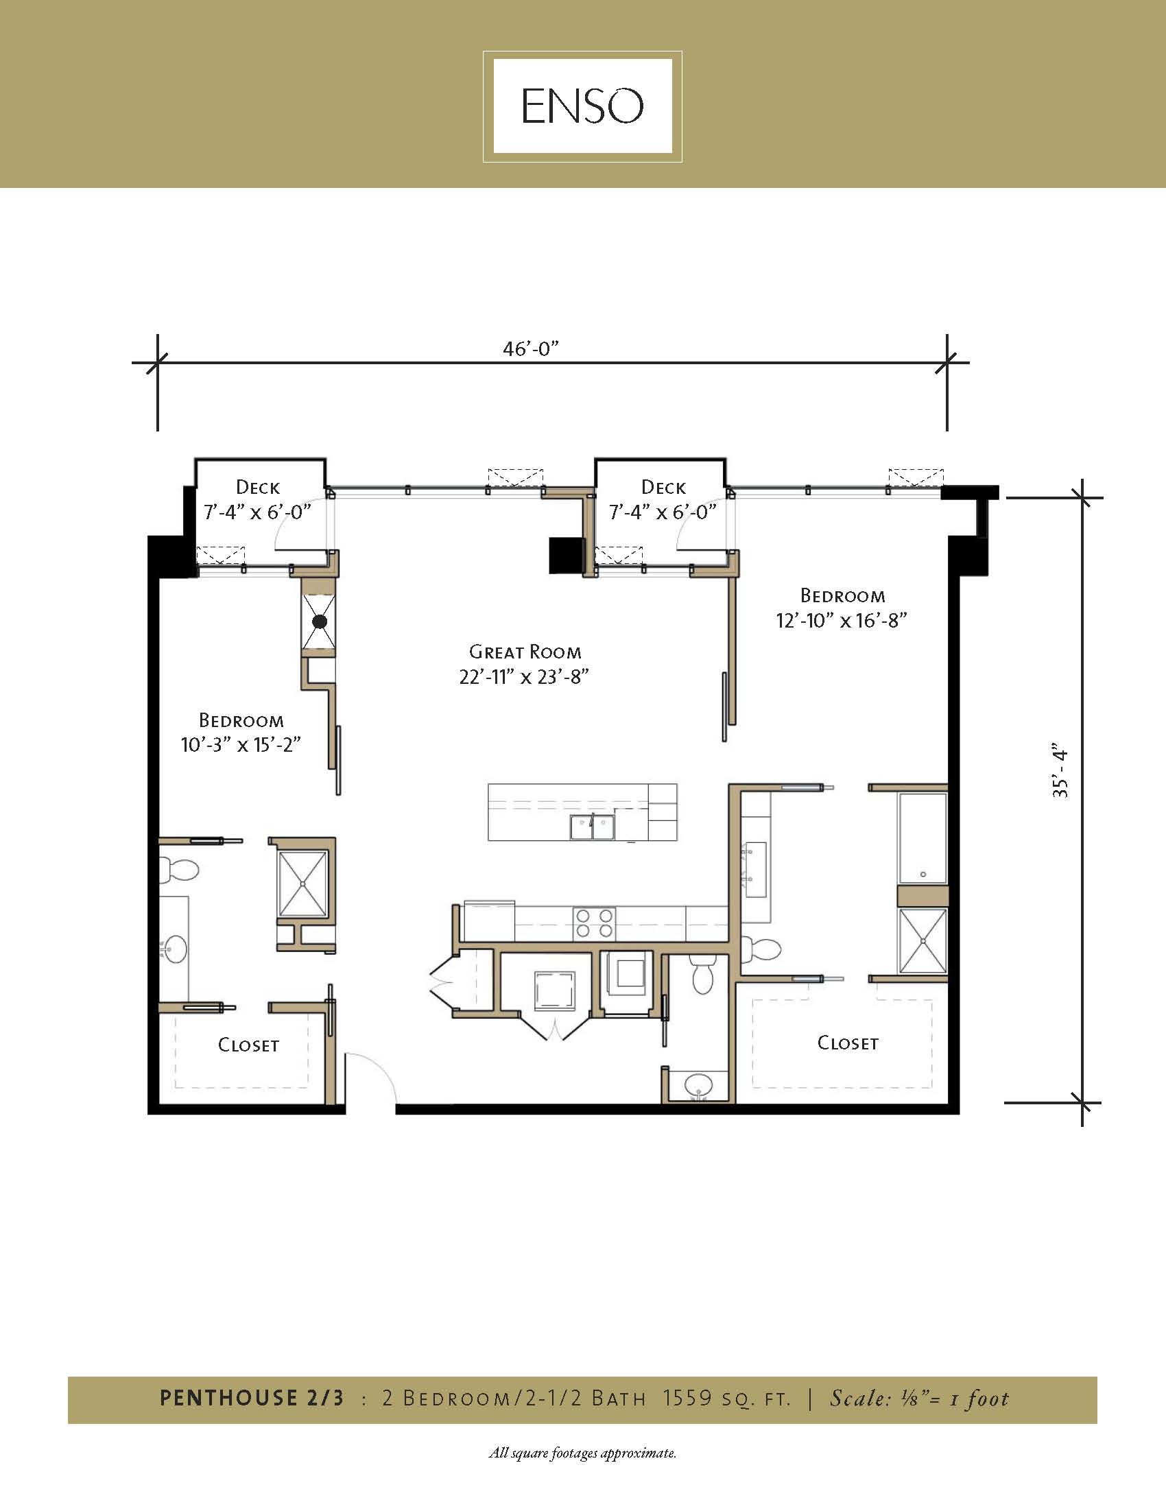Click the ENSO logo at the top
(582, 106)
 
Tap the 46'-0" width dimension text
(530, 349)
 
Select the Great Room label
(525, 652)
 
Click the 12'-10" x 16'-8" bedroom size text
(841, 621)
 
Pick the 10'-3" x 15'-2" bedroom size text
(240, 745)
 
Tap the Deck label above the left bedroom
(258, 487)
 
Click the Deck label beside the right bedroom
(663, 487)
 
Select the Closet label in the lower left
(249, 1045)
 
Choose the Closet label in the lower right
(848, 1043)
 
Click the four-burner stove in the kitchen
(594, 923)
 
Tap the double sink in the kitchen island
(593, 827)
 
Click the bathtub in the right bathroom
(923, 838)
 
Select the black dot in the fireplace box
(319, 621)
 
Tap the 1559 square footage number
(687, 1399)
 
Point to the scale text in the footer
(918, 1399)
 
